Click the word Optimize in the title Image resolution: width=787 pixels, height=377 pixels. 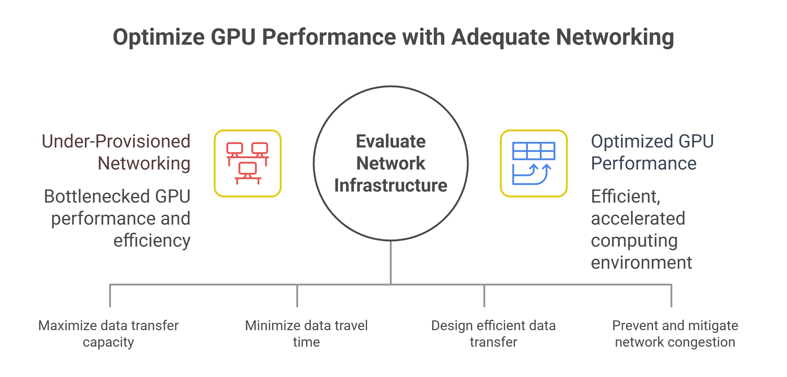[158, 37]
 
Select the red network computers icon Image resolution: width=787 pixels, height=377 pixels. [247, 163]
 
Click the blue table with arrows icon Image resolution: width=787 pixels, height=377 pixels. [534, 163]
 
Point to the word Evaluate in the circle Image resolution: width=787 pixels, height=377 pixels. [391, 141]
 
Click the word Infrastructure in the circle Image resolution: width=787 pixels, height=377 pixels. [391, 185]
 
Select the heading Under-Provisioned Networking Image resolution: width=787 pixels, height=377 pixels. [116, 152]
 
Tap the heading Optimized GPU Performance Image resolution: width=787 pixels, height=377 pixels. [652, 152]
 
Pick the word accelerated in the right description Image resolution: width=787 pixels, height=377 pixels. [638, 218]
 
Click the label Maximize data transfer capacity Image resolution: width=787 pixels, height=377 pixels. [109, 334]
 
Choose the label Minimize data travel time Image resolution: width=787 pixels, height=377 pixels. [306, 334]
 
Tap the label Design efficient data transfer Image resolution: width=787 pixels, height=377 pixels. [493, 334]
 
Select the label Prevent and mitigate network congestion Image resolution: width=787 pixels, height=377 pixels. [675, 334]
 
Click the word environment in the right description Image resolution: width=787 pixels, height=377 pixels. [641, 263]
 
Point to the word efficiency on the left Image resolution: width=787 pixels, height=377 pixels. [152, 241]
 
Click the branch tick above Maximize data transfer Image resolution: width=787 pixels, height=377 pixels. [110, 296]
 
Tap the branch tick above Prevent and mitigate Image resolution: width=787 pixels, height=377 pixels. [671, 296]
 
